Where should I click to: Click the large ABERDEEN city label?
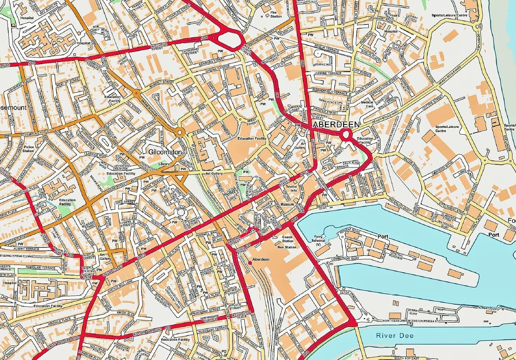(x=336, y=125)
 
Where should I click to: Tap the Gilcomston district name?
(x=165, y=152)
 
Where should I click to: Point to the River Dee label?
(x=395, y=335)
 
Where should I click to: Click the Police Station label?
(x=28, y=149)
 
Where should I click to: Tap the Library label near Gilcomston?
(x=164, y=164)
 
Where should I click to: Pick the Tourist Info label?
(x=291, y=188)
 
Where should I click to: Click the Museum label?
(x=287, y=205)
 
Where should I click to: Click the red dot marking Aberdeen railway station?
(x=250, y=262)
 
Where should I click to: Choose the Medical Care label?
(x=367, y=104)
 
